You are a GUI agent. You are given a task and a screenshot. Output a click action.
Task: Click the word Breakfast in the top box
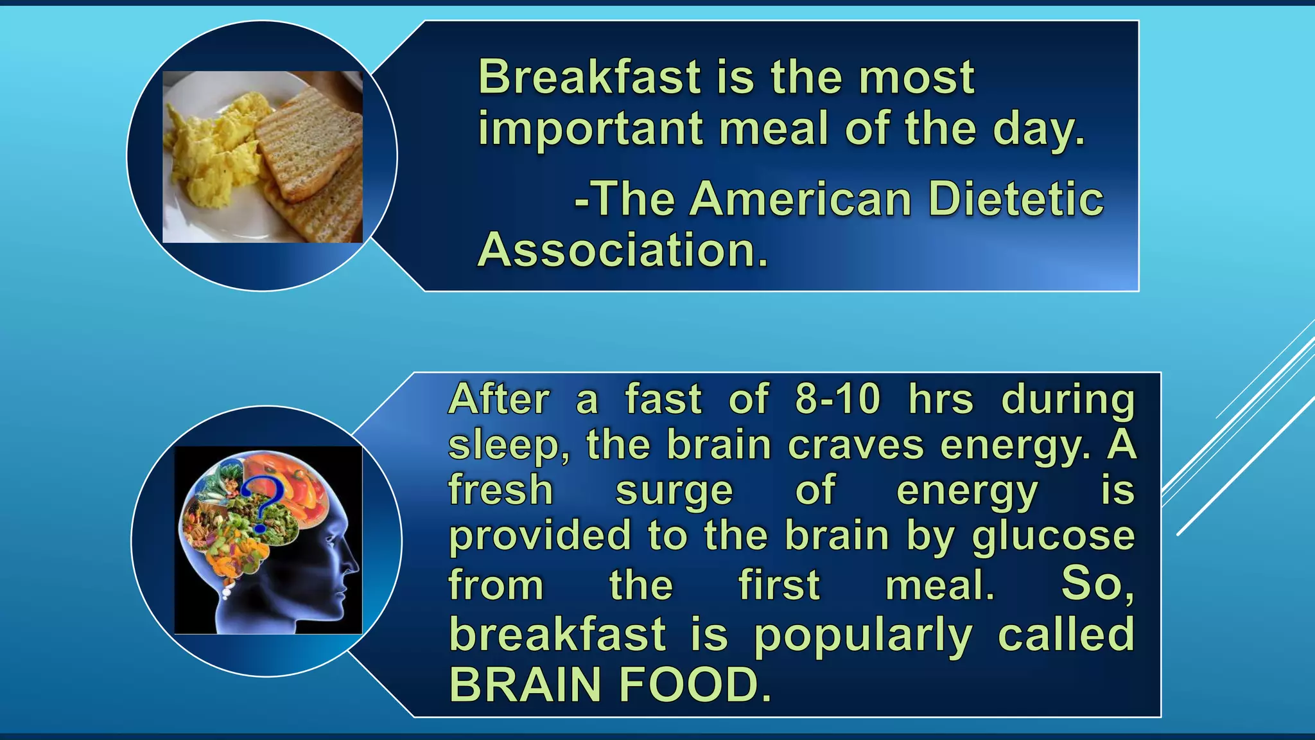click(x=589, y=77)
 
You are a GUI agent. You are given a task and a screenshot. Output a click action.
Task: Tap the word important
click(x=590, y=130)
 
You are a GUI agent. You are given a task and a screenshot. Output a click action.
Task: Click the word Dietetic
click(x=1016, y=199)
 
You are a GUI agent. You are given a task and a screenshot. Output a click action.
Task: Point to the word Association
click(x=622, y=250)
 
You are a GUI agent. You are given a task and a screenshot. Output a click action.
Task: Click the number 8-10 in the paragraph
click(x=837, y=400)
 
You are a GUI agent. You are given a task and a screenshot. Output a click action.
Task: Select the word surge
click(x=674, y=492)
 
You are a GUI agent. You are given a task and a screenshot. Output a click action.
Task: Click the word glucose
click(x=1053, y=537)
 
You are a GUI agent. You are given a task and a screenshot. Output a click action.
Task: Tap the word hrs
click(x=941, y=400)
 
